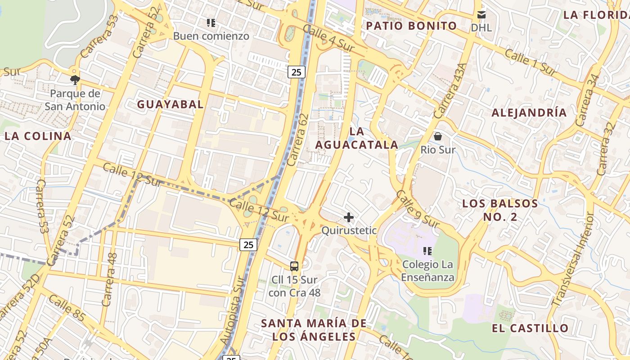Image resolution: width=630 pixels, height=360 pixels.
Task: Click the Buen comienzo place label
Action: (x=211, y=36)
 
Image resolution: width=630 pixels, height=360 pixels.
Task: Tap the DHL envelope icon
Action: (x=481, y=15)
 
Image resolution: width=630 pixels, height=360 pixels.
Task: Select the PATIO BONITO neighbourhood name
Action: (x=411, y=26)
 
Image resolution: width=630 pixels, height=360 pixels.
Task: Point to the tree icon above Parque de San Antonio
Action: (x=75, y=80)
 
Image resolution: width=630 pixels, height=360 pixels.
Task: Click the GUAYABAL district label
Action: (x=170, y=104)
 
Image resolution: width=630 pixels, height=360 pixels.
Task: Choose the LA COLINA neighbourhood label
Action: (x=38, y=136)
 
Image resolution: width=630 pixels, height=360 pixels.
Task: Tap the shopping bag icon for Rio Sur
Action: (x=438, y=136)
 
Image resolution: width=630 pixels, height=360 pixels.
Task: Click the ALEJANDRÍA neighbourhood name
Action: (x=529, y=112)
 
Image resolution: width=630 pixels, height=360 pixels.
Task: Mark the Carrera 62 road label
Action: (x=298, y=139)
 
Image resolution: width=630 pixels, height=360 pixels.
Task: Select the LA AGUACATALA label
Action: (x=356, y=138)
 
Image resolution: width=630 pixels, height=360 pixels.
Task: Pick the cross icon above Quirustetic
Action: (x=348, y=218)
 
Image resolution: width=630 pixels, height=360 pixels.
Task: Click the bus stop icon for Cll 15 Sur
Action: (x=294, y=266)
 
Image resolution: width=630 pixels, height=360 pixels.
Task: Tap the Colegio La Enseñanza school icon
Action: (x=427, y=251)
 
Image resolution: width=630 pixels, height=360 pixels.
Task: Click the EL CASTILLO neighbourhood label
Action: (x=530, y=328)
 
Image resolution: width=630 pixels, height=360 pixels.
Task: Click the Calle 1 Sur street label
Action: (x=531, y=62)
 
